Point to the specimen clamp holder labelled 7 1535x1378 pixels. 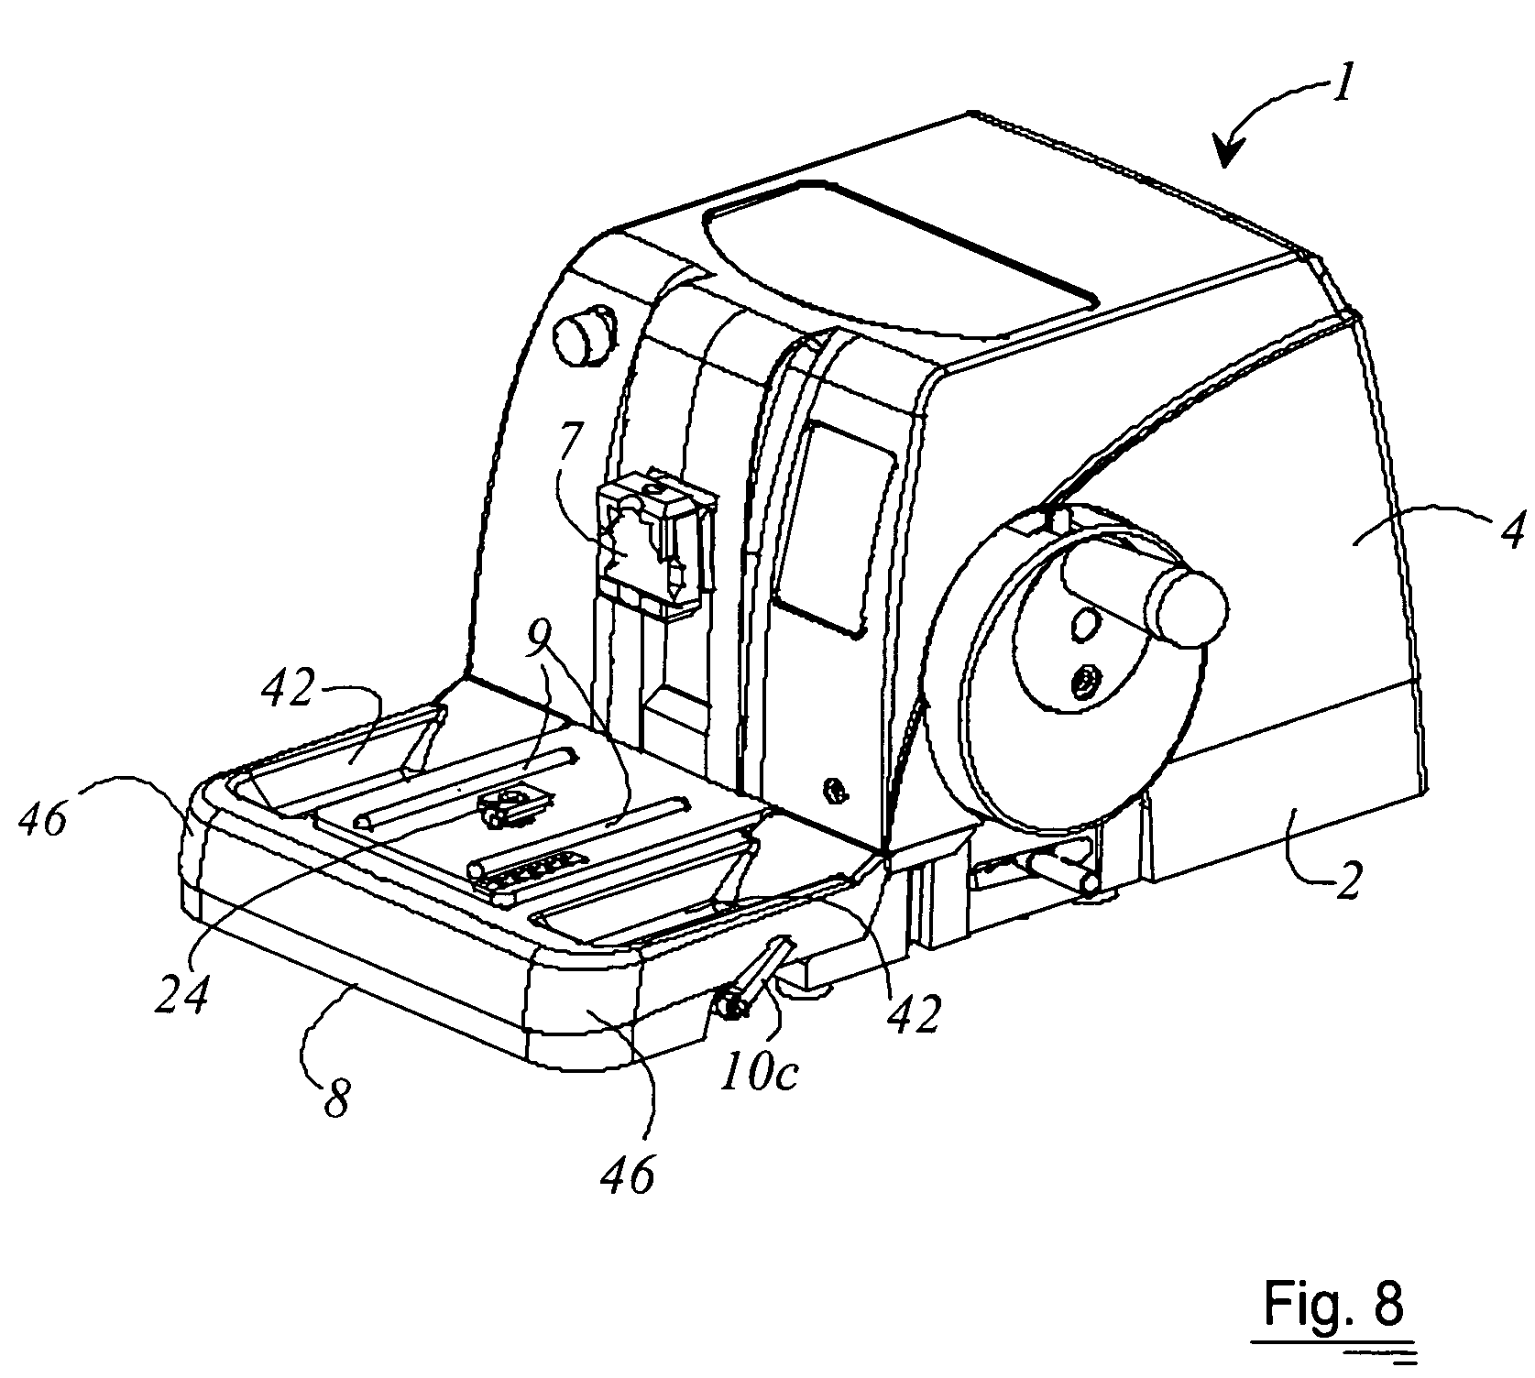(x=655, y=541)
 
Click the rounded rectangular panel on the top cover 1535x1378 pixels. (x=898, y=261)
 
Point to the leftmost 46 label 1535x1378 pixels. (x=42, y=819)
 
